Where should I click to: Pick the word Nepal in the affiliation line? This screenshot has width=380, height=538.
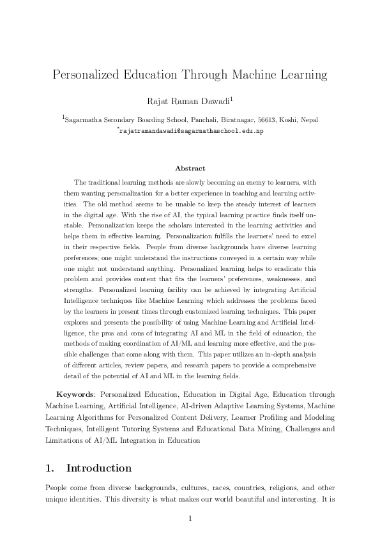click(x=291, y=119)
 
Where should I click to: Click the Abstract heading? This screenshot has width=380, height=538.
click(x=190, y=168)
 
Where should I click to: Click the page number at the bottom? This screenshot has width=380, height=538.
click(x=190, y=518)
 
